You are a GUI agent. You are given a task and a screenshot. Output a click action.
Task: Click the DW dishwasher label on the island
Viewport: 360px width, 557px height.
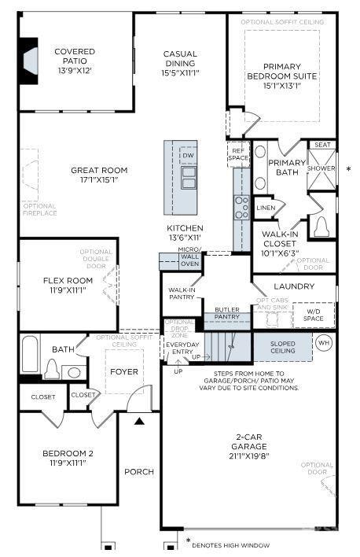(187, 156)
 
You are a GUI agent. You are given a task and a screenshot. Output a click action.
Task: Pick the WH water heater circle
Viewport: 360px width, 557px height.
(324, 343)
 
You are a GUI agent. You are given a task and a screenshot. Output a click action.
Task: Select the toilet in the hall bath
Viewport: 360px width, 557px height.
(53, 369)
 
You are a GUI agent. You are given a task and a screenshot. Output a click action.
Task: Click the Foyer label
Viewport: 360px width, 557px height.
(124, 371)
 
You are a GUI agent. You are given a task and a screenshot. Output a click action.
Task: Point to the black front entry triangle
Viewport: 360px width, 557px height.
(139, 422)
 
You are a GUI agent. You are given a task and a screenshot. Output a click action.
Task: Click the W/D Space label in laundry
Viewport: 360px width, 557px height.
(313, 316)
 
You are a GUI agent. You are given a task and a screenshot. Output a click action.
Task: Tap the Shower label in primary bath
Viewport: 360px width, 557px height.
(321, 168)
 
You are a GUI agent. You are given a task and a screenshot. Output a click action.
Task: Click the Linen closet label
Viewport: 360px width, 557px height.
(266, 208)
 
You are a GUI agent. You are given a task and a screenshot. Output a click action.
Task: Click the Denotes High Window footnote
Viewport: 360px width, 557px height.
(232, 544)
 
